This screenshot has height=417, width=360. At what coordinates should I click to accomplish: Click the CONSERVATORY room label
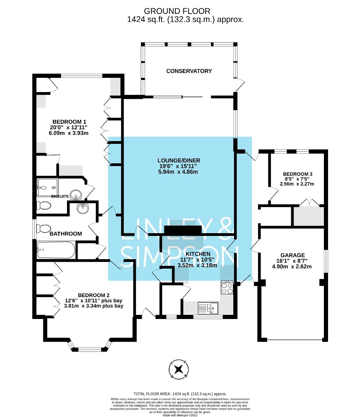(x=189, y=71)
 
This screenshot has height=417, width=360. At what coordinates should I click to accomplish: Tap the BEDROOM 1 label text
(x=68, y=122)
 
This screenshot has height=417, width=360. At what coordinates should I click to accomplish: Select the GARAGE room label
(x=293, y=255)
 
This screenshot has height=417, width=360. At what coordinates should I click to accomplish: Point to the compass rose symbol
(x=179, y=369)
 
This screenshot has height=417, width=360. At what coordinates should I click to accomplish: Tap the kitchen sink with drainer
(x=208, y=308)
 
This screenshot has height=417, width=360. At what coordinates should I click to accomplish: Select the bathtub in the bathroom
(x=56, y=250)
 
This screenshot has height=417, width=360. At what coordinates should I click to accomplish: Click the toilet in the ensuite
(x=43, y=205)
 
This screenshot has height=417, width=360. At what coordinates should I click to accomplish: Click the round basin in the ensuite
(x=75, y=194)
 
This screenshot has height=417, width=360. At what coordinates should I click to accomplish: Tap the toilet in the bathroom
(x=43, y=228)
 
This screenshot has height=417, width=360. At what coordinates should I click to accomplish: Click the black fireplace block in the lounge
(x=183, y=230)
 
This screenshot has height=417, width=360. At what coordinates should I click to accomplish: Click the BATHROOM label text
(x=66, y=234)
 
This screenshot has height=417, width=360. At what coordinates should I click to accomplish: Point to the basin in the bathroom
(x=83, y=209)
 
